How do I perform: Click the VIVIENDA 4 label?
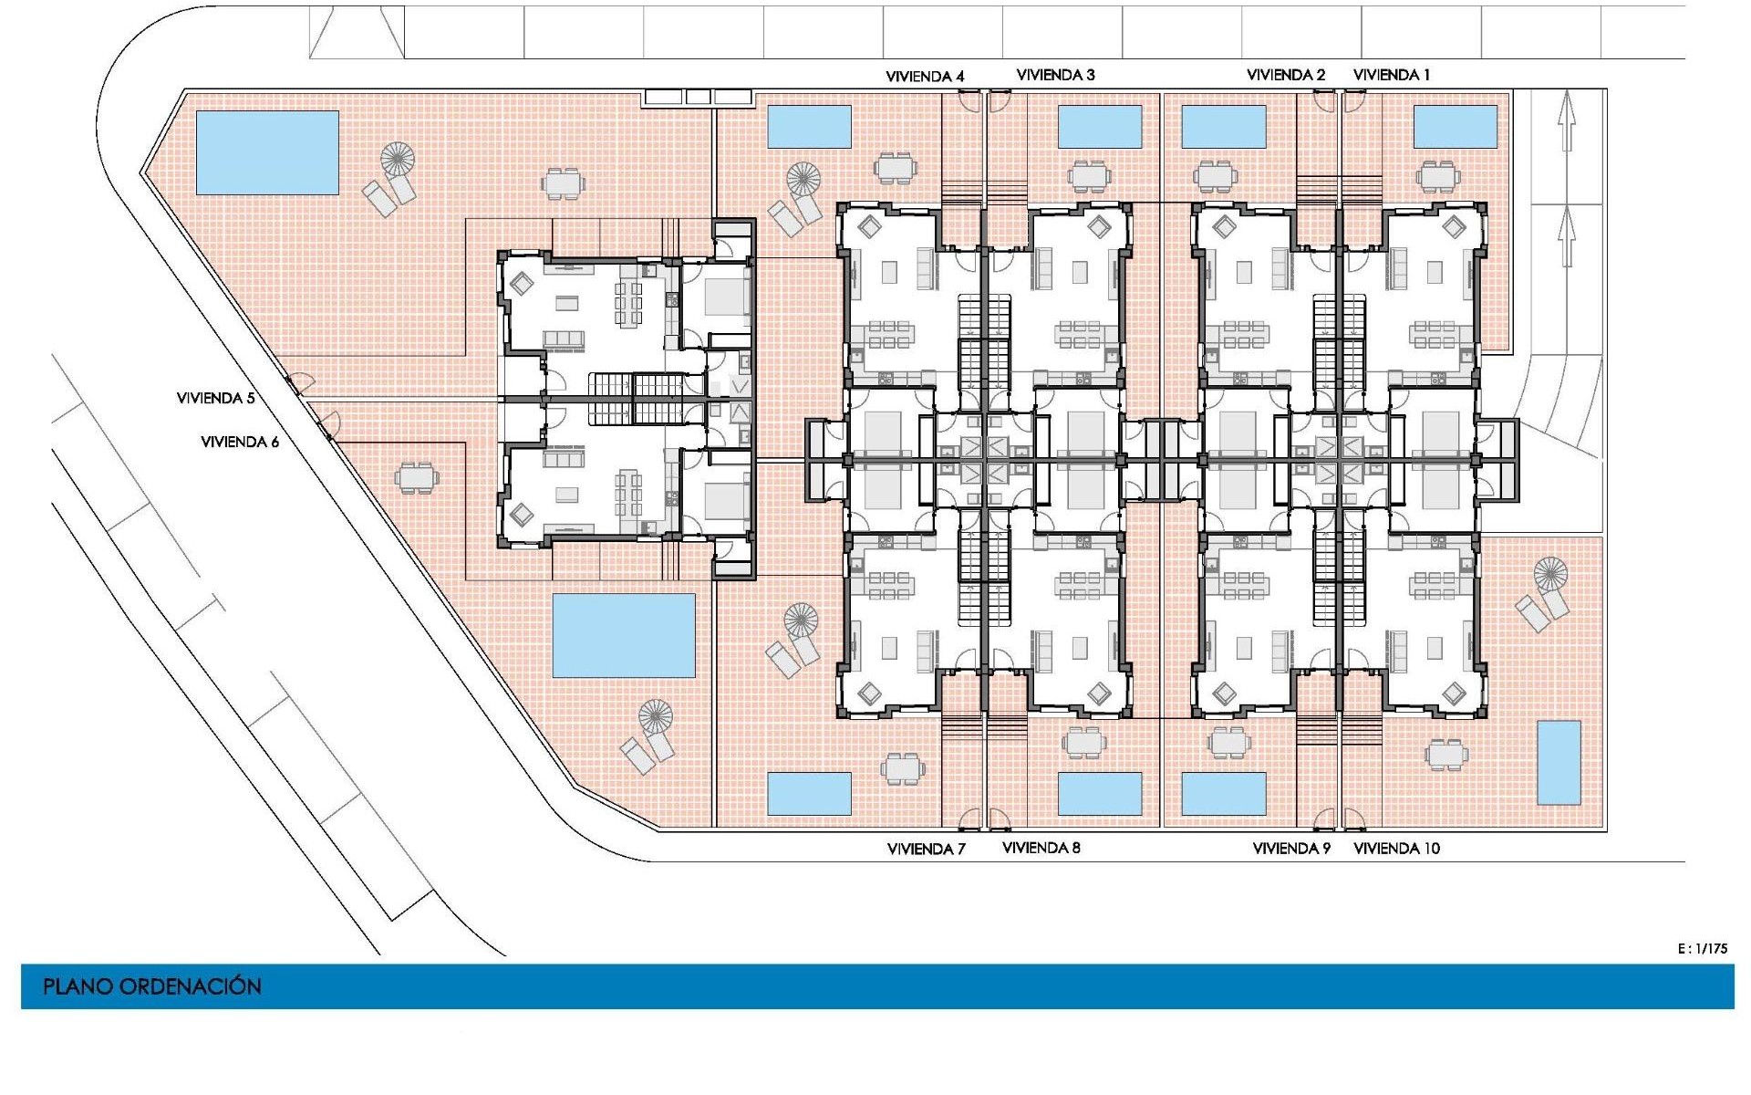(x=925, y=77)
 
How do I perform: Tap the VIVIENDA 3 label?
(x=1055, y=75)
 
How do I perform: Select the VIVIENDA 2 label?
(x=1286, y=75)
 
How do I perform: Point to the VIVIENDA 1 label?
(x=1392, y=75)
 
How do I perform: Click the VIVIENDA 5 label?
(x=215, y=398)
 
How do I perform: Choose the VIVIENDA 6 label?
(x=240, y=442)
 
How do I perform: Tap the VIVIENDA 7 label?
(x=927, y=849)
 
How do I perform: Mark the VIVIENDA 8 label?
(x=1041, y=848)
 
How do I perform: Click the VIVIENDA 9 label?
(x=1291, y=849)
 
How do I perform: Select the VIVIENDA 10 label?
(x=1397, y=849)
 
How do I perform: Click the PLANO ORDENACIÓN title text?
(x=152, y=986)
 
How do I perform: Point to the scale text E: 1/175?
(x=1703, y=949)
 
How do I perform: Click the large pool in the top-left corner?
(x=267, y=152)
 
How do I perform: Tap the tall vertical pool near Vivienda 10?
(x=1559, y=763)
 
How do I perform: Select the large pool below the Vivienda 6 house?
(x=624, y=636)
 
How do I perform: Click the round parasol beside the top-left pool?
(x=398, y=159)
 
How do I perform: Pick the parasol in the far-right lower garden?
(x=1550, y=575)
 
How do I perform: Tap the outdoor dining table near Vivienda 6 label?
(x=416, y=477)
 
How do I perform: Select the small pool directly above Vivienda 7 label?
(x=809, y=794)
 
